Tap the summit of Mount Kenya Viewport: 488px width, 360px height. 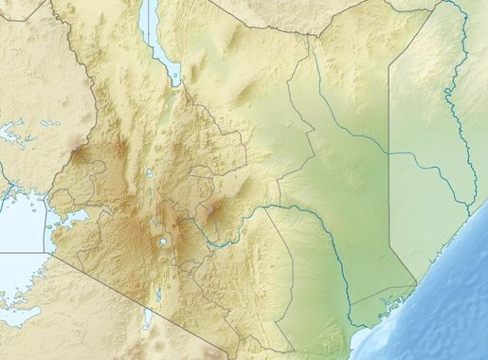point(214,207)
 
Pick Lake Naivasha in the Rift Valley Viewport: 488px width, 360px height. point(164,242)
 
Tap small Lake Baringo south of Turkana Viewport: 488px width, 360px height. point(154,175)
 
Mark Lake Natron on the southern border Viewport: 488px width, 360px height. point(148,320)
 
